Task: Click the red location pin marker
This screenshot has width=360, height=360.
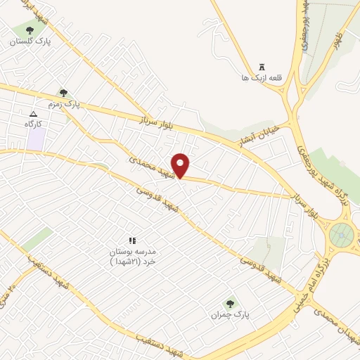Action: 181,165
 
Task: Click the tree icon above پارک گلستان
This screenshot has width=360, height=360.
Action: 30,30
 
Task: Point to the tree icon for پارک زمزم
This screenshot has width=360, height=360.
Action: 63,92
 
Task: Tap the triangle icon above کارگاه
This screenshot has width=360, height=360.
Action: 33,113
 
